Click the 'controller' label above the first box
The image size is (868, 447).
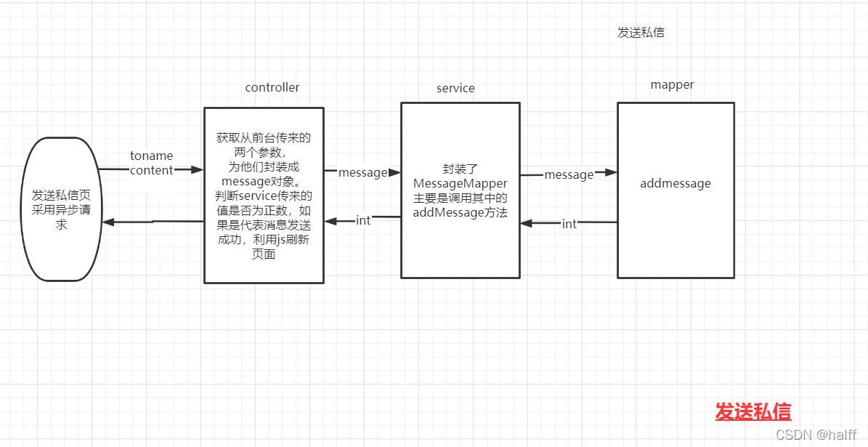point(272,88)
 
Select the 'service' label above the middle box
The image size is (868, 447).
point(455,89)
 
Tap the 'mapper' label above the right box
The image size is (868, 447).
point(672,85)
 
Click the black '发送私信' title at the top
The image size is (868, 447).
point(641,33)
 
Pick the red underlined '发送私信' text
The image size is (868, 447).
point(753,411)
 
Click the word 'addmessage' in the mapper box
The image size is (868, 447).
point(676,184)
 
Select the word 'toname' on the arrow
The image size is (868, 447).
point(152,156)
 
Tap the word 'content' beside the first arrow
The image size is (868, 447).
point(151,171)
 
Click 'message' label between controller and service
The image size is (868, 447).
point(362,173)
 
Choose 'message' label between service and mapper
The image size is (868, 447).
point(569,174)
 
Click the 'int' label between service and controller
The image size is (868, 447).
point(363,220)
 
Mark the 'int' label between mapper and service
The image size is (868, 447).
point(569,224)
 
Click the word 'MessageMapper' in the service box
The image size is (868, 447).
point(460,183)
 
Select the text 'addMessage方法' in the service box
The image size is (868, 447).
point(460,213)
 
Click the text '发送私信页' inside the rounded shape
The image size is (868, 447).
point(61,196)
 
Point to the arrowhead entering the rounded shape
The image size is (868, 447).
point(108,222)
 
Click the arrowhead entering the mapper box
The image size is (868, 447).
point(611,172)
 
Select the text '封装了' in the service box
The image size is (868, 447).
point(461,168)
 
